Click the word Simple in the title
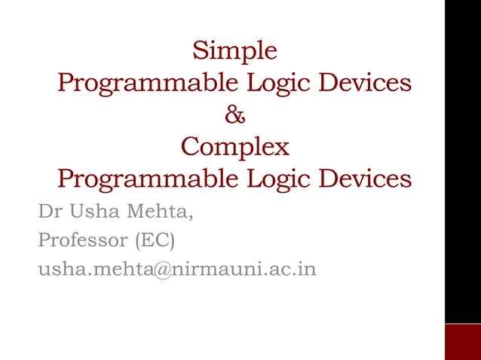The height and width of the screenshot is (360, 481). click(234, 51)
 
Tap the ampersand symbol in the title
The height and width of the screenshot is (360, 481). click(235, 116)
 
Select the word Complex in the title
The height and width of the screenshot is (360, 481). click(234, 146)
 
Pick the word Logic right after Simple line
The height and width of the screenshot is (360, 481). click(275, 83)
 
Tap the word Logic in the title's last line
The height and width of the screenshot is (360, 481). click(275, 179)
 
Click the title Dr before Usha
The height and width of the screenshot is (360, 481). click(49, 213)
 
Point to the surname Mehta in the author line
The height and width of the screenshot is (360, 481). click(158, 214)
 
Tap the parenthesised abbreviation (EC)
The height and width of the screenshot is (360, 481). click(155, 242)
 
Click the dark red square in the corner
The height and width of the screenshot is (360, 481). click(462, 342)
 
